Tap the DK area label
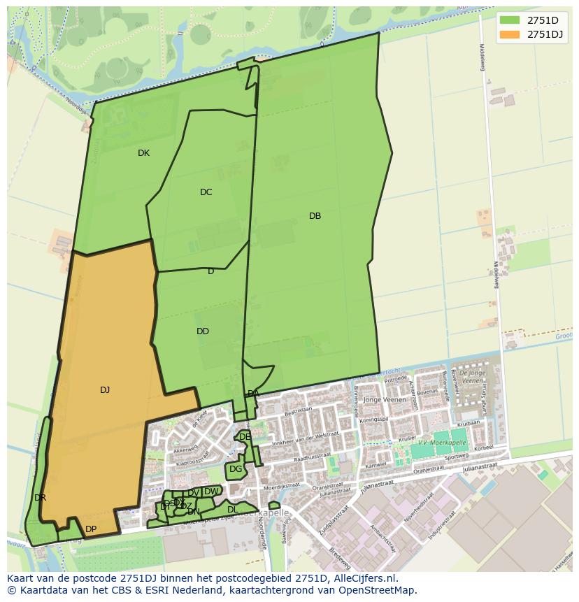point(143,153)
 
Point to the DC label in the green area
point(206,192)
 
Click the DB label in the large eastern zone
point(315,216)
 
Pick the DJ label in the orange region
point(105,390)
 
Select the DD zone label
point(203,331)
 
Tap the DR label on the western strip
point(40,498)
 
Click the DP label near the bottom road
point(91,529)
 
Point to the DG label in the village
point(236,469)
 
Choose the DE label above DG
point(245,436)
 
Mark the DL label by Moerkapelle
point(233,510)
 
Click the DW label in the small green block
point(210,492)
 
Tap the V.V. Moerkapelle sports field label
point(441,443)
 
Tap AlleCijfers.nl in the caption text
point(363,578)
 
